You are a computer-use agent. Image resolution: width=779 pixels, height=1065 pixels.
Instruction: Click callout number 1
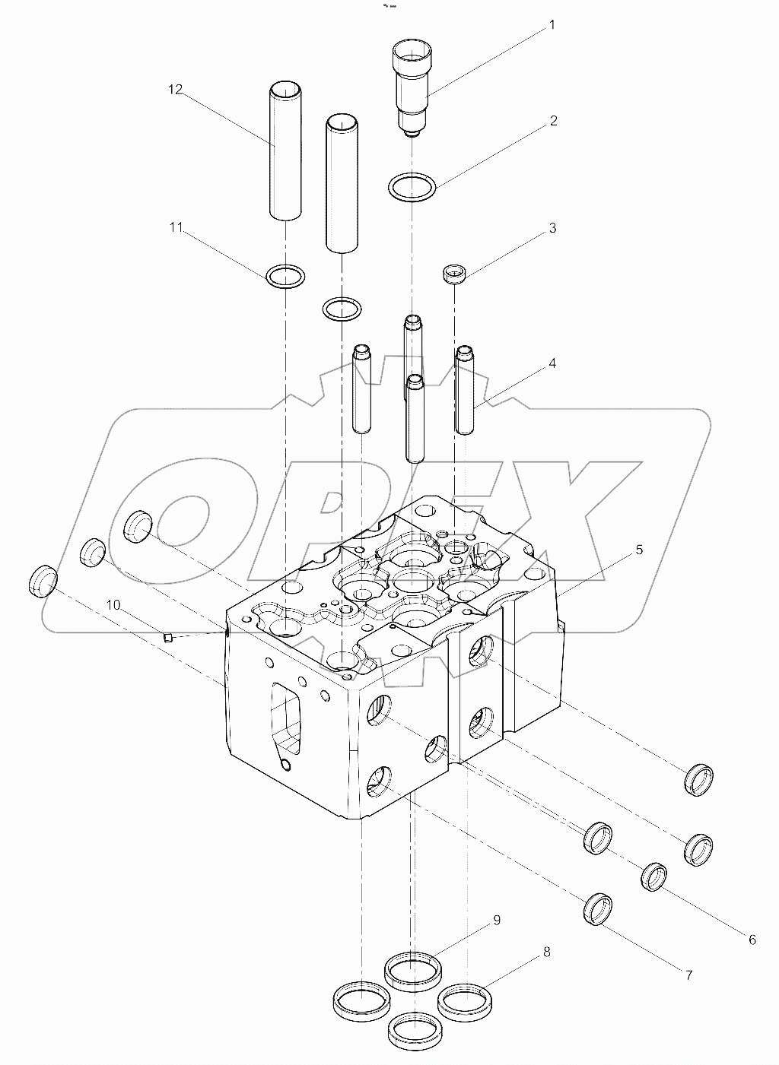552,25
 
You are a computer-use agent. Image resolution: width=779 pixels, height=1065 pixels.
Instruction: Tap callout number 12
176,90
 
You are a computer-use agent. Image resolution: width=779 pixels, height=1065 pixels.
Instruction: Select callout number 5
639,549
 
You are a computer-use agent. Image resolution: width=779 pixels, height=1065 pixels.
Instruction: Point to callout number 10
113,605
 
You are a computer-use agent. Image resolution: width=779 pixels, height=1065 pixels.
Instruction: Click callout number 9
496,921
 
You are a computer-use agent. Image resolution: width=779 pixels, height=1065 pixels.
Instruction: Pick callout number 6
752,940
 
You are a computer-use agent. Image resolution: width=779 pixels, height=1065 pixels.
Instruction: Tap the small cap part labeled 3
454,274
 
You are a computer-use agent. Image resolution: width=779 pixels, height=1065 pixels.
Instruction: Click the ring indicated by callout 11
286,277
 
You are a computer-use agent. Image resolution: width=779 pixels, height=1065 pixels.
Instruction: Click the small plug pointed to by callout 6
654,876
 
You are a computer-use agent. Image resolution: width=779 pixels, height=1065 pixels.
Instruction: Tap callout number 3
553,228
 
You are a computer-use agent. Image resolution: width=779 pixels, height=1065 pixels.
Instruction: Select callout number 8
546,952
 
